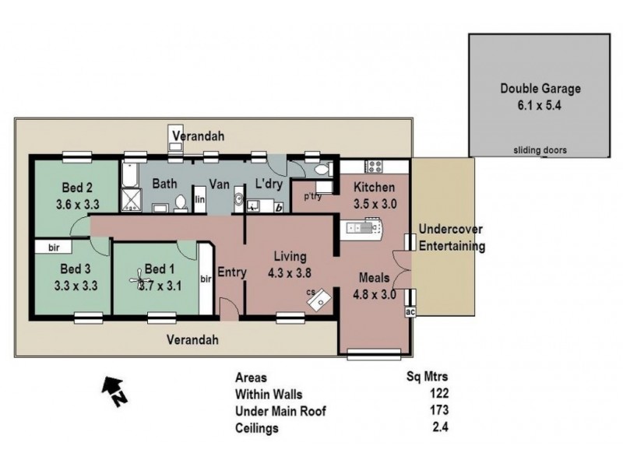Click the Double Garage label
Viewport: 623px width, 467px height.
(540, 88)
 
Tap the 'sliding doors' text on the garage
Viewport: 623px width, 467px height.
(540, 149)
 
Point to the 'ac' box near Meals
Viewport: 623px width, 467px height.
(410, 311)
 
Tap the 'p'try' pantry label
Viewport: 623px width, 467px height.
(313, 196)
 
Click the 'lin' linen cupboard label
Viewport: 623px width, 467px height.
(200, 200)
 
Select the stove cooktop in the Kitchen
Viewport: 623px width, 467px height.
(371, 166)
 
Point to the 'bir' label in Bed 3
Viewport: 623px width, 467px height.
(53, 248)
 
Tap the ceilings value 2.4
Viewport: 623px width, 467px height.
(441, 427)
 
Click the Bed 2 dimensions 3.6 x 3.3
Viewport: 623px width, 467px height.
(78, 206)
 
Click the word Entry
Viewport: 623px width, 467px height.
(231, 272)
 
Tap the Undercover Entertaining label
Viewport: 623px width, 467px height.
(452, 238)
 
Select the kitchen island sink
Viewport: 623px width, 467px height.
(363, 227)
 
